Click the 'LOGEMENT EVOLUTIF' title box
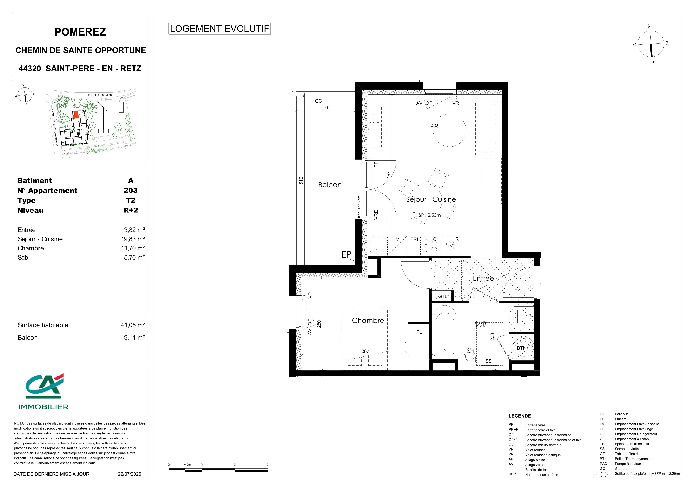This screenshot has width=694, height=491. (x=219, y=29)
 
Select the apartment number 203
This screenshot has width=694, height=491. (x=131, y=191)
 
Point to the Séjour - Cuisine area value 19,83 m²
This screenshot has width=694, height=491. (x=133, y=239)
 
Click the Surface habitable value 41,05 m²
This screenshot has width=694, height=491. (x=133, y=325)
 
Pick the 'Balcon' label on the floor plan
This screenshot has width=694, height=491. (x=330, y=185)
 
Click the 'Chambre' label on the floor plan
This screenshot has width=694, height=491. (x=368, y=321)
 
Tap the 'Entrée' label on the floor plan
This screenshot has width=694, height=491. (x=483, y=278)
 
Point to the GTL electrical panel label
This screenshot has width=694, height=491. (x=443, y=296)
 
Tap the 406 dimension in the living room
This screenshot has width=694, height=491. (x=435, y=126)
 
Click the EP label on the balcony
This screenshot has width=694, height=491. (x=346, y=255)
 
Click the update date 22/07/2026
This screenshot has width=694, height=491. (x=129, y=474)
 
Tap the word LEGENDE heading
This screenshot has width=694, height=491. (x=520, y=416)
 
